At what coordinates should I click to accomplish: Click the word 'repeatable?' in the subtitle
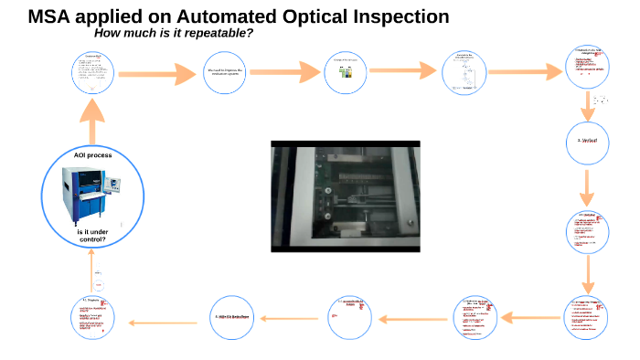217,34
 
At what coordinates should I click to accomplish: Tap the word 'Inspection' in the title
394,16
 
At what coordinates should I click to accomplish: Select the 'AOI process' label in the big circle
92,155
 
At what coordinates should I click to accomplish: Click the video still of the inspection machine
346,196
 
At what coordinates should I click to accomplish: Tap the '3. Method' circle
587,143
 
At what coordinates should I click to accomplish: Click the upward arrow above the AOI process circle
92,112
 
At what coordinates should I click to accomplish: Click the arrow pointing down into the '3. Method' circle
587,104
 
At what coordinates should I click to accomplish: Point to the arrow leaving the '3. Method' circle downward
587,188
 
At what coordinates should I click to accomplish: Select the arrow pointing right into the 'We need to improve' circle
156,72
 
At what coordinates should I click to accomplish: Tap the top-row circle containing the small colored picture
346,72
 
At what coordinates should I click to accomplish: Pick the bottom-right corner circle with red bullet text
587,317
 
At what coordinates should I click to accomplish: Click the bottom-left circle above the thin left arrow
92,317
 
